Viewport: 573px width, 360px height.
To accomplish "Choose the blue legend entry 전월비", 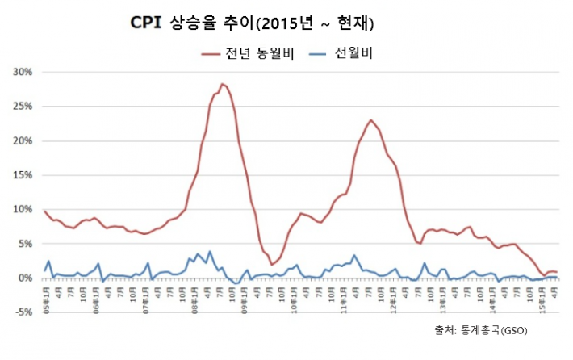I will point(352,52).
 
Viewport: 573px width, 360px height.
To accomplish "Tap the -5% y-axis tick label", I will point(22,312).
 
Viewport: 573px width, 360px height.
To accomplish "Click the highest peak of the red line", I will point(222,84).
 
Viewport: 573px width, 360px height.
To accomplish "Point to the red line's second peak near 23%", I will point(370,120).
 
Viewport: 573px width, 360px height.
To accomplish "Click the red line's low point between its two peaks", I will point(272,264).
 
